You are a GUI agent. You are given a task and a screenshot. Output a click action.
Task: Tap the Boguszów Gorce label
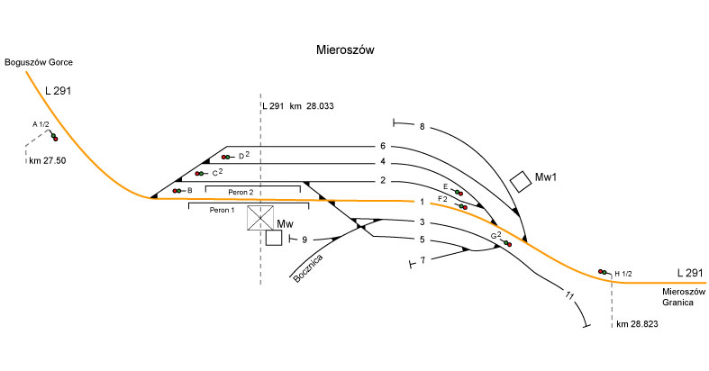coord(38,62)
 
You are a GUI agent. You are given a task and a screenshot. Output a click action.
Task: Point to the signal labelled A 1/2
coord(54,137)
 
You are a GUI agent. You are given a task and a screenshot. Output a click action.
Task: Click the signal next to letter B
coord(178,191)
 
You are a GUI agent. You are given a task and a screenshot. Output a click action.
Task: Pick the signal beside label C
coord(200,173)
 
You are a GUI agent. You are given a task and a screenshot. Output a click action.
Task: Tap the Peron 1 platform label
coord(222,210)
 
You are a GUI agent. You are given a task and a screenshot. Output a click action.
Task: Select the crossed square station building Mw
coord(261,218)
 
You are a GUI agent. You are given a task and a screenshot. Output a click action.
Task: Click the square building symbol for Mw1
coord(520,181)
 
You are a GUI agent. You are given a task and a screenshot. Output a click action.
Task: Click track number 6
coord(383,146)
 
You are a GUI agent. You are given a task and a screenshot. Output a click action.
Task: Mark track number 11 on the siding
coord(568,295)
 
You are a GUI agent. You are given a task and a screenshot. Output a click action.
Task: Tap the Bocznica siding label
coord(308,268)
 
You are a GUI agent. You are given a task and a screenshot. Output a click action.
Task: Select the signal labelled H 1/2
coord(603,272)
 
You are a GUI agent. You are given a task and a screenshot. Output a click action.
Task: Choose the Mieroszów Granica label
coord(684,296)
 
